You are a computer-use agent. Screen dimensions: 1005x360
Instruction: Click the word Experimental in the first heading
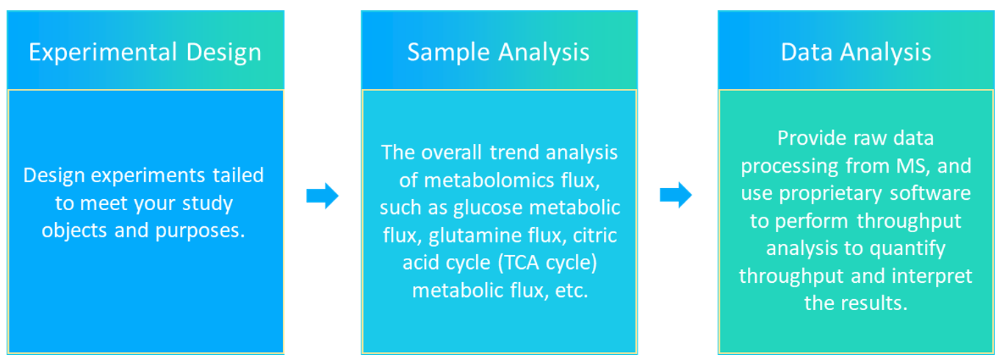pos(103,52)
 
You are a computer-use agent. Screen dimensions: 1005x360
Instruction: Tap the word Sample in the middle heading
pos(448,52)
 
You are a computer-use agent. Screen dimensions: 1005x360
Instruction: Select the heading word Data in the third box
pos(807,52)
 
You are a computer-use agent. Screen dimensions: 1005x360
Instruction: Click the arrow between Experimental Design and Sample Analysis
pos(322,195)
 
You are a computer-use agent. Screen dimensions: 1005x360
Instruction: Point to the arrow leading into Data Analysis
pos(676,195)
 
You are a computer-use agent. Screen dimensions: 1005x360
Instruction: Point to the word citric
pos(595,236)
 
